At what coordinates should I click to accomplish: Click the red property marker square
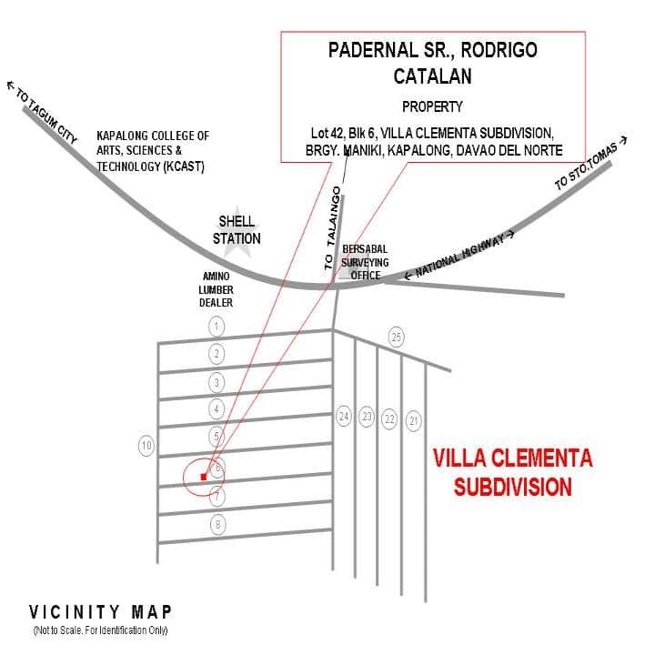click(204, 476)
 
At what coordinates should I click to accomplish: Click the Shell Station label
click(237, 230)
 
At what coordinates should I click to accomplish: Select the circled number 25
click(396, 337)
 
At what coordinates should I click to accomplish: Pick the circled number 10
click(146, 445)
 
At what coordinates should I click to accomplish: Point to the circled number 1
click(217, 326)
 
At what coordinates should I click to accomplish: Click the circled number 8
click(217, 524)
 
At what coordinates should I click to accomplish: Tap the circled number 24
click(344, 417)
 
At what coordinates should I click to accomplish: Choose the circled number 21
click(414, 419)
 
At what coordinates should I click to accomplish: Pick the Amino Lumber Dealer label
click(217, 288)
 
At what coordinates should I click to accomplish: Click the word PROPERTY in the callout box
click(432, 106)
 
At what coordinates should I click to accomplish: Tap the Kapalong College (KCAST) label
click(153, 151)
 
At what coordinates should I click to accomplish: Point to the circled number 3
click(217, 381)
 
